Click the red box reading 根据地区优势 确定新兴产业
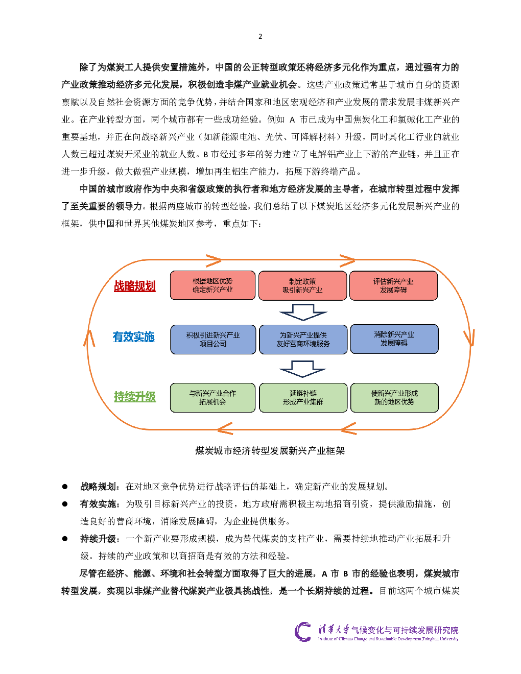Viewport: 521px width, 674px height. (x=212, y=285)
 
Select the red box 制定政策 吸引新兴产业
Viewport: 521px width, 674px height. (x=302, y=285)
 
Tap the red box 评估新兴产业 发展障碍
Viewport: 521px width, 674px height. (x=393, y=285)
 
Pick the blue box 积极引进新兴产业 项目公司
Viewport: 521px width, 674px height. (x=213, y=340)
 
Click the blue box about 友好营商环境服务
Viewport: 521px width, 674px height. (x=303, y=340)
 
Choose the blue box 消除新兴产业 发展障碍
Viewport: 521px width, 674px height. (x=394, y=339)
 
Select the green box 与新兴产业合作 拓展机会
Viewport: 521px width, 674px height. (x=212, y=398)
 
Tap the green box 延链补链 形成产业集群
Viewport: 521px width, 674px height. (x=303, y=398)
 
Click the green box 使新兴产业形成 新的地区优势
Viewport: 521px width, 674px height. (x=394, y=398)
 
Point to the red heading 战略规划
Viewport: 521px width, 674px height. (x=134, y=286)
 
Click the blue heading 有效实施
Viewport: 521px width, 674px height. (x=133, y=337)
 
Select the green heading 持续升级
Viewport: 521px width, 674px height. (x=135, y=397)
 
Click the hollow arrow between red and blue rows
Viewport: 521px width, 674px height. (x=303, y=312)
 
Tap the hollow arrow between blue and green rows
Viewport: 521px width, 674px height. (x=303, y=369)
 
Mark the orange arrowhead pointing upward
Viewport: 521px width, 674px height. (x=90, y=338)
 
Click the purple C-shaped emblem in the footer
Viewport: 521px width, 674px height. (x=303, y=632)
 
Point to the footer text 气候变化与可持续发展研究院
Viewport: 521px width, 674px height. (x=405, y=630)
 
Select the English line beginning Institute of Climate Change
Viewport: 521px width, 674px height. (x=388, y=639)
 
